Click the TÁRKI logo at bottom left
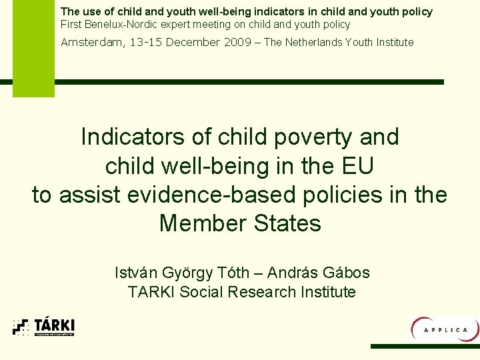point(44,326)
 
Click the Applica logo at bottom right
point(445,329)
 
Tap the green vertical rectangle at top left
point(33,48)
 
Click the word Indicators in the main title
point(133,137)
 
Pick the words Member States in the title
point(240,223)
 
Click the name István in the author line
point(137,273)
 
